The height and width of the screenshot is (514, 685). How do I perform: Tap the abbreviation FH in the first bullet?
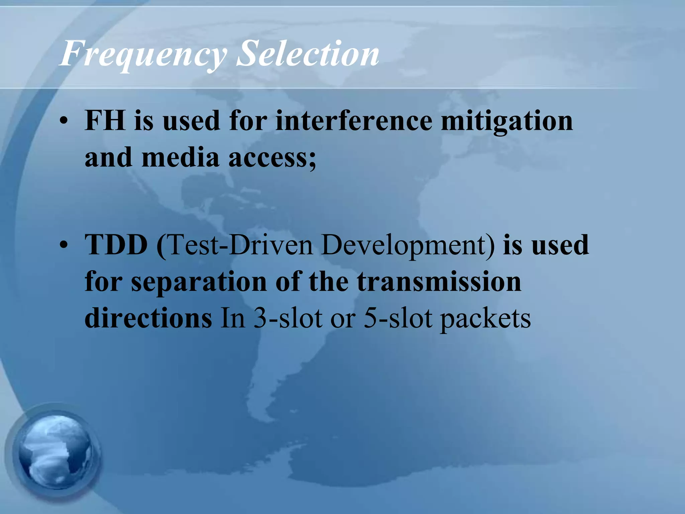pyautogui.click(x=105, y=120)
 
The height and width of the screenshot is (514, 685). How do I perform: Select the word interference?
pyautogui.click(x=354, y=120)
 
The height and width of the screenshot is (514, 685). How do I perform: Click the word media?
pyautogui.click(x=180, y=157)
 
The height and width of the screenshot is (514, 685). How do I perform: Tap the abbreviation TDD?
pyautogui.click(x=116, y=245)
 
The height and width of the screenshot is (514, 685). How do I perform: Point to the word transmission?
pyautogui.click(x=439, y=282)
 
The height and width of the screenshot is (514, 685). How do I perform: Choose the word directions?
pyautogui.click(x=148, y=318)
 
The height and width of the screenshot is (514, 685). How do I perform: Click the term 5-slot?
pyautogui.click(x=398, y=318)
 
